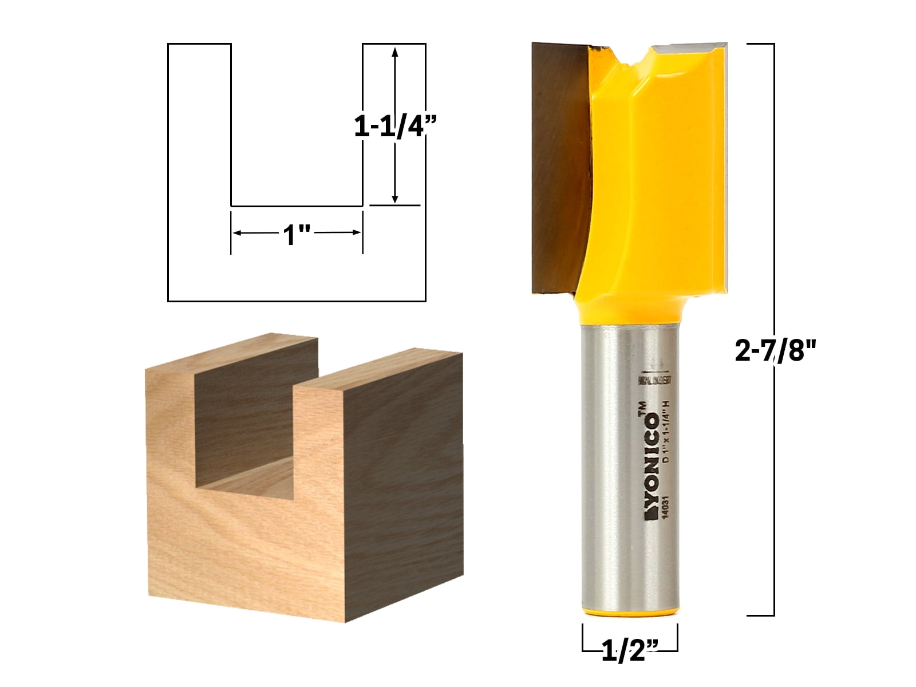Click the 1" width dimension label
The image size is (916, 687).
coord(297,234)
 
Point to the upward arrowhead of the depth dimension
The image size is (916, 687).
coord(394,52)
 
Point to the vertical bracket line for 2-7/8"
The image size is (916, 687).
coord(774,229)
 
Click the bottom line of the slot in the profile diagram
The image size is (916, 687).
coord(297,206)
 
